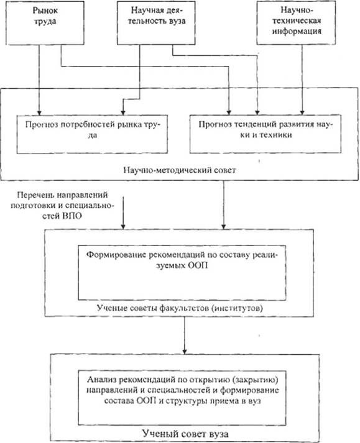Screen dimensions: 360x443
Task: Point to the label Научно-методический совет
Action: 180,170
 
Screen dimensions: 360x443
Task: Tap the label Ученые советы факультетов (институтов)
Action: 180,308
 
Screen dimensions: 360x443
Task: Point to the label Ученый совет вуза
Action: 185,434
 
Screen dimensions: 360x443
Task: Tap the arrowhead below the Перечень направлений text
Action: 123,226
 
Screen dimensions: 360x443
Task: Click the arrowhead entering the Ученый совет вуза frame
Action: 185,351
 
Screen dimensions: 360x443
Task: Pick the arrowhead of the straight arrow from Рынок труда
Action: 39,112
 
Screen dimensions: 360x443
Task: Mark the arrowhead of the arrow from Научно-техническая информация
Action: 302,112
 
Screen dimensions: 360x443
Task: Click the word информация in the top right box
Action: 297,31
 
